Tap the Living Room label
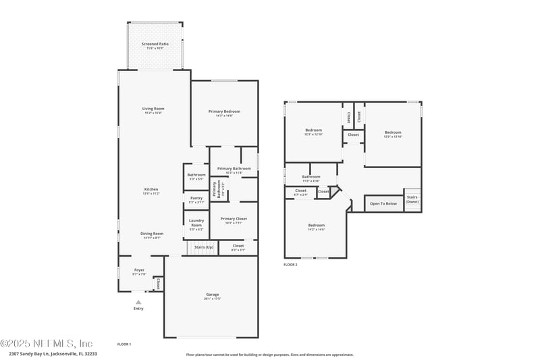coord(153,109)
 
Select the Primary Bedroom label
coord(224,111)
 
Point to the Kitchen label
coord(151,189)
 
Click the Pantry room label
coord(196,199)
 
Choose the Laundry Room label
coord(196,222)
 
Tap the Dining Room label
coord(152,234)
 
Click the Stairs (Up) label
coord(204,247)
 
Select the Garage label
coord(213,295)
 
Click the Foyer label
coord(139,270)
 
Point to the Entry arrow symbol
coord(138,303)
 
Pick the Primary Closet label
coord(234,219)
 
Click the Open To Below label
coord(383,203)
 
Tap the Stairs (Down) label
coord(412,199)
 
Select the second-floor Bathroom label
coord(311,177)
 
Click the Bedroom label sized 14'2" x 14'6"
coord(317,226)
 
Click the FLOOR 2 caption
coord(290,265)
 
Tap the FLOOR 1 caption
coord(124,344)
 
